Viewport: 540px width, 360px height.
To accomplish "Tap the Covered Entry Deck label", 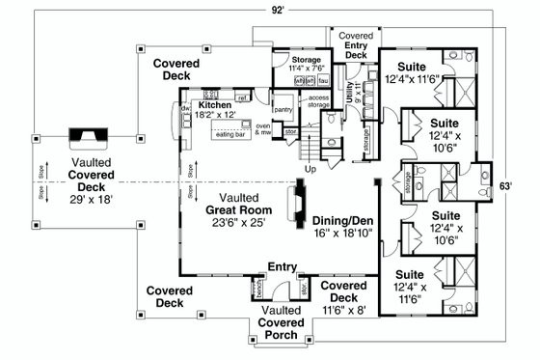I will click(x=357, y=44).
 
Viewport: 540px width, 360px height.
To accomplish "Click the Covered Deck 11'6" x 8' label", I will click(x=343, y=297).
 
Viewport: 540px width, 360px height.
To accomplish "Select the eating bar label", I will click(x=231, y=136).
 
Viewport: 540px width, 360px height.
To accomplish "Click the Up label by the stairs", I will click(x=310, y=170).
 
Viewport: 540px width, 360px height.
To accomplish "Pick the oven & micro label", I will click(x=260, y=128).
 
